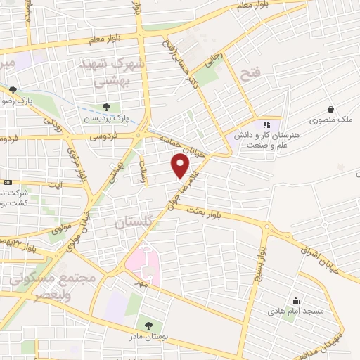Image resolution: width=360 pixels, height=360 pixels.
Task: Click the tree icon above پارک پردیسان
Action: click(106, 107)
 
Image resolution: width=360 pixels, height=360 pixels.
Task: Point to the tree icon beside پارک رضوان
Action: click(13, 89)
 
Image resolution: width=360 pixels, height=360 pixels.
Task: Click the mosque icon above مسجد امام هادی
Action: click(296, 299)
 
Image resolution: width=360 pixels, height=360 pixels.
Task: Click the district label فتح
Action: click(251, 72)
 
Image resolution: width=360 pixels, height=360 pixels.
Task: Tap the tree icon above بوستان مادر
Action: click(148, 326)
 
